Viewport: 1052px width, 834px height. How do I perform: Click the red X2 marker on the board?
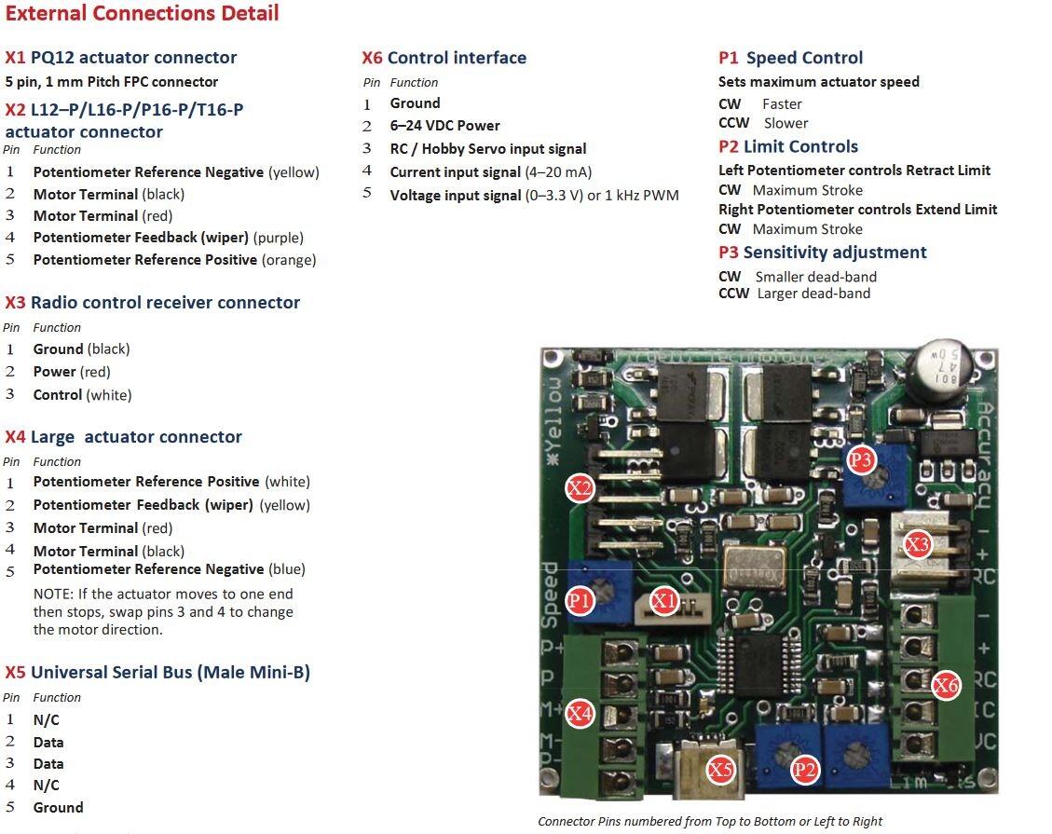click(581, 488)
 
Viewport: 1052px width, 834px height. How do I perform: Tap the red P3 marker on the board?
click(861, 459)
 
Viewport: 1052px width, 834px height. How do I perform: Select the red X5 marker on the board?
click(720, 770)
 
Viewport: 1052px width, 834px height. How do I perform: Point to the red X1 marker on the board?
click(663, 601)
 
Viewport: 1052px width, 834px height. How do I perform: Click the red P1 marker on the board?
click(580, 601)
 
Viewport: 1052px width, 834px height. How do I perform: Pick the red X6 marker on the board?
click(946, 686)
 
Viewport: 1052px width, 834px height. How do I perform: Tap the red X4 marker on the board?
click(580, 714)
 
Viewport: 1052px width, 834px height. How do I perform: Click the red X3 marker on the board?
click(918, 544)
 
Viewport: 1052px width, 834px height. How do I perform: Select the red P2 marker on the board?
click(804, 770)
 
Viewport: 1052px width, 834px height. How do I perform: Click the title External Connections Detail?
click(142, 14)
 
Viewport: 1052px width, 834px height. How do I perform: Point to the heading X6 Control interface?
click(444, 58)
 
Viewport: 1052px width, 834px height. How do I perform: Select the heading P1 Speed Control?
click(790, 58)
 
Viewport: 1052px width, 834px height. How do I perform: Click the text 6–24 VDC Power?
click(444, 126)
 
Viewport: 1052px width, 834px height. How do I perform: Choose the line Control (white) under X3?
click(82, 395)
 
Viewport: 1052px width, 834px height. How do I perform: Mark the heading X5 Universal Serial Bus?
click(157, 673)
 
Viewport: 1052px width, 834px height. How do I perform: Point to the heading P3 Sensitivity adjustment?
click(822, 253)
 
